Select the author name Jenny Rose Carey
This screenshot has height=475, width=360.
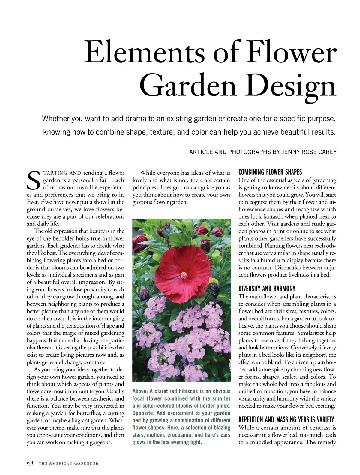(309, 152)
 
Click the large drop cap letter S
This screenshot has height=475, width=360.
(33, 181)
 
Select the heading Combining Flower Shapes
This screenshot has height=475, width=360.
(270, 172)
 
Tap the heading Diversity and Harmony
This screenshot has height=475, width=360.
(267, 289)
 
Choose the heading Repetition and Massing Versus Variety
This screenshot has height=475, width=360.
(286, 420)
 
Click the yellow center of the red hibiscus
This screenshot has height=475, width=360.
(184, 274)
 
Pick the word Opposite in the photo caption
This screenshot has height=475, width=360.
(143, 413)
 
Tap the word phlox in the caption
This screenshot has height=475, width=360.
(223, 406)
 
